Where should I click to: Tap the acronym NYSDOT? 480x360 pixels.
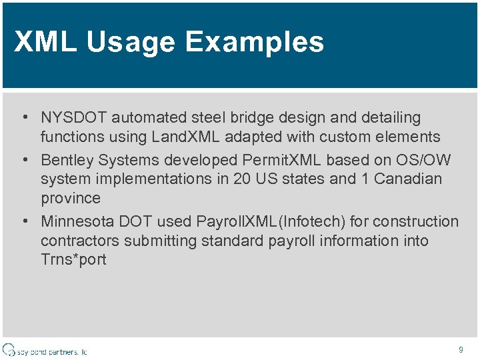pyautogui.click(x=74, y=118)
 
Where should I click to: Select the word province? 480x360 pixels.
pyautogui.click(x=71, y=199)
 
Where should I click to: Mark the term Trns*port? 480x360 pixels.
pyautogui.click(x=73, y=260)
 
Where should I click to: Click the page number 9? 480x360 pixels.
pyautogui.click(x=460, y=350)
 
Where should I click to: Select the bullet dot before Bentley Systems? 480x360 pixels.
pyautogui.click(x=24, y=161)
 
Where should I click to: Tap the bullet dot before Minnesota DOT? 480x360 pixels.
pyautogui.click(x=24, y=221)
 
